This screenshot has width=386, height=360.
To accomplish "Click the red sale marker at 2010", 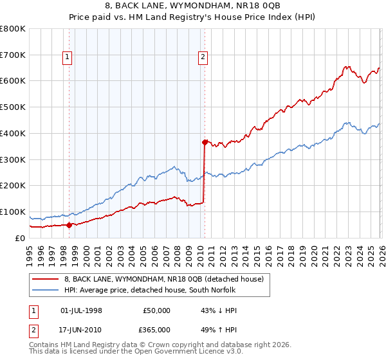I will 205,142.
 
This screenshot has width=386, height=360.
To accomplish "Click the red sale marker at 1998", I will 69,225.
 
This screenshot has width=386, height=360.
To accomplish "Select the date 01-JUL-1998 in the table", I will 81,310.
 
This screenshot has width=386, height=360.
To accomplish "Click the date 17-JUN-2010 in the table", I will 81,330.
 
